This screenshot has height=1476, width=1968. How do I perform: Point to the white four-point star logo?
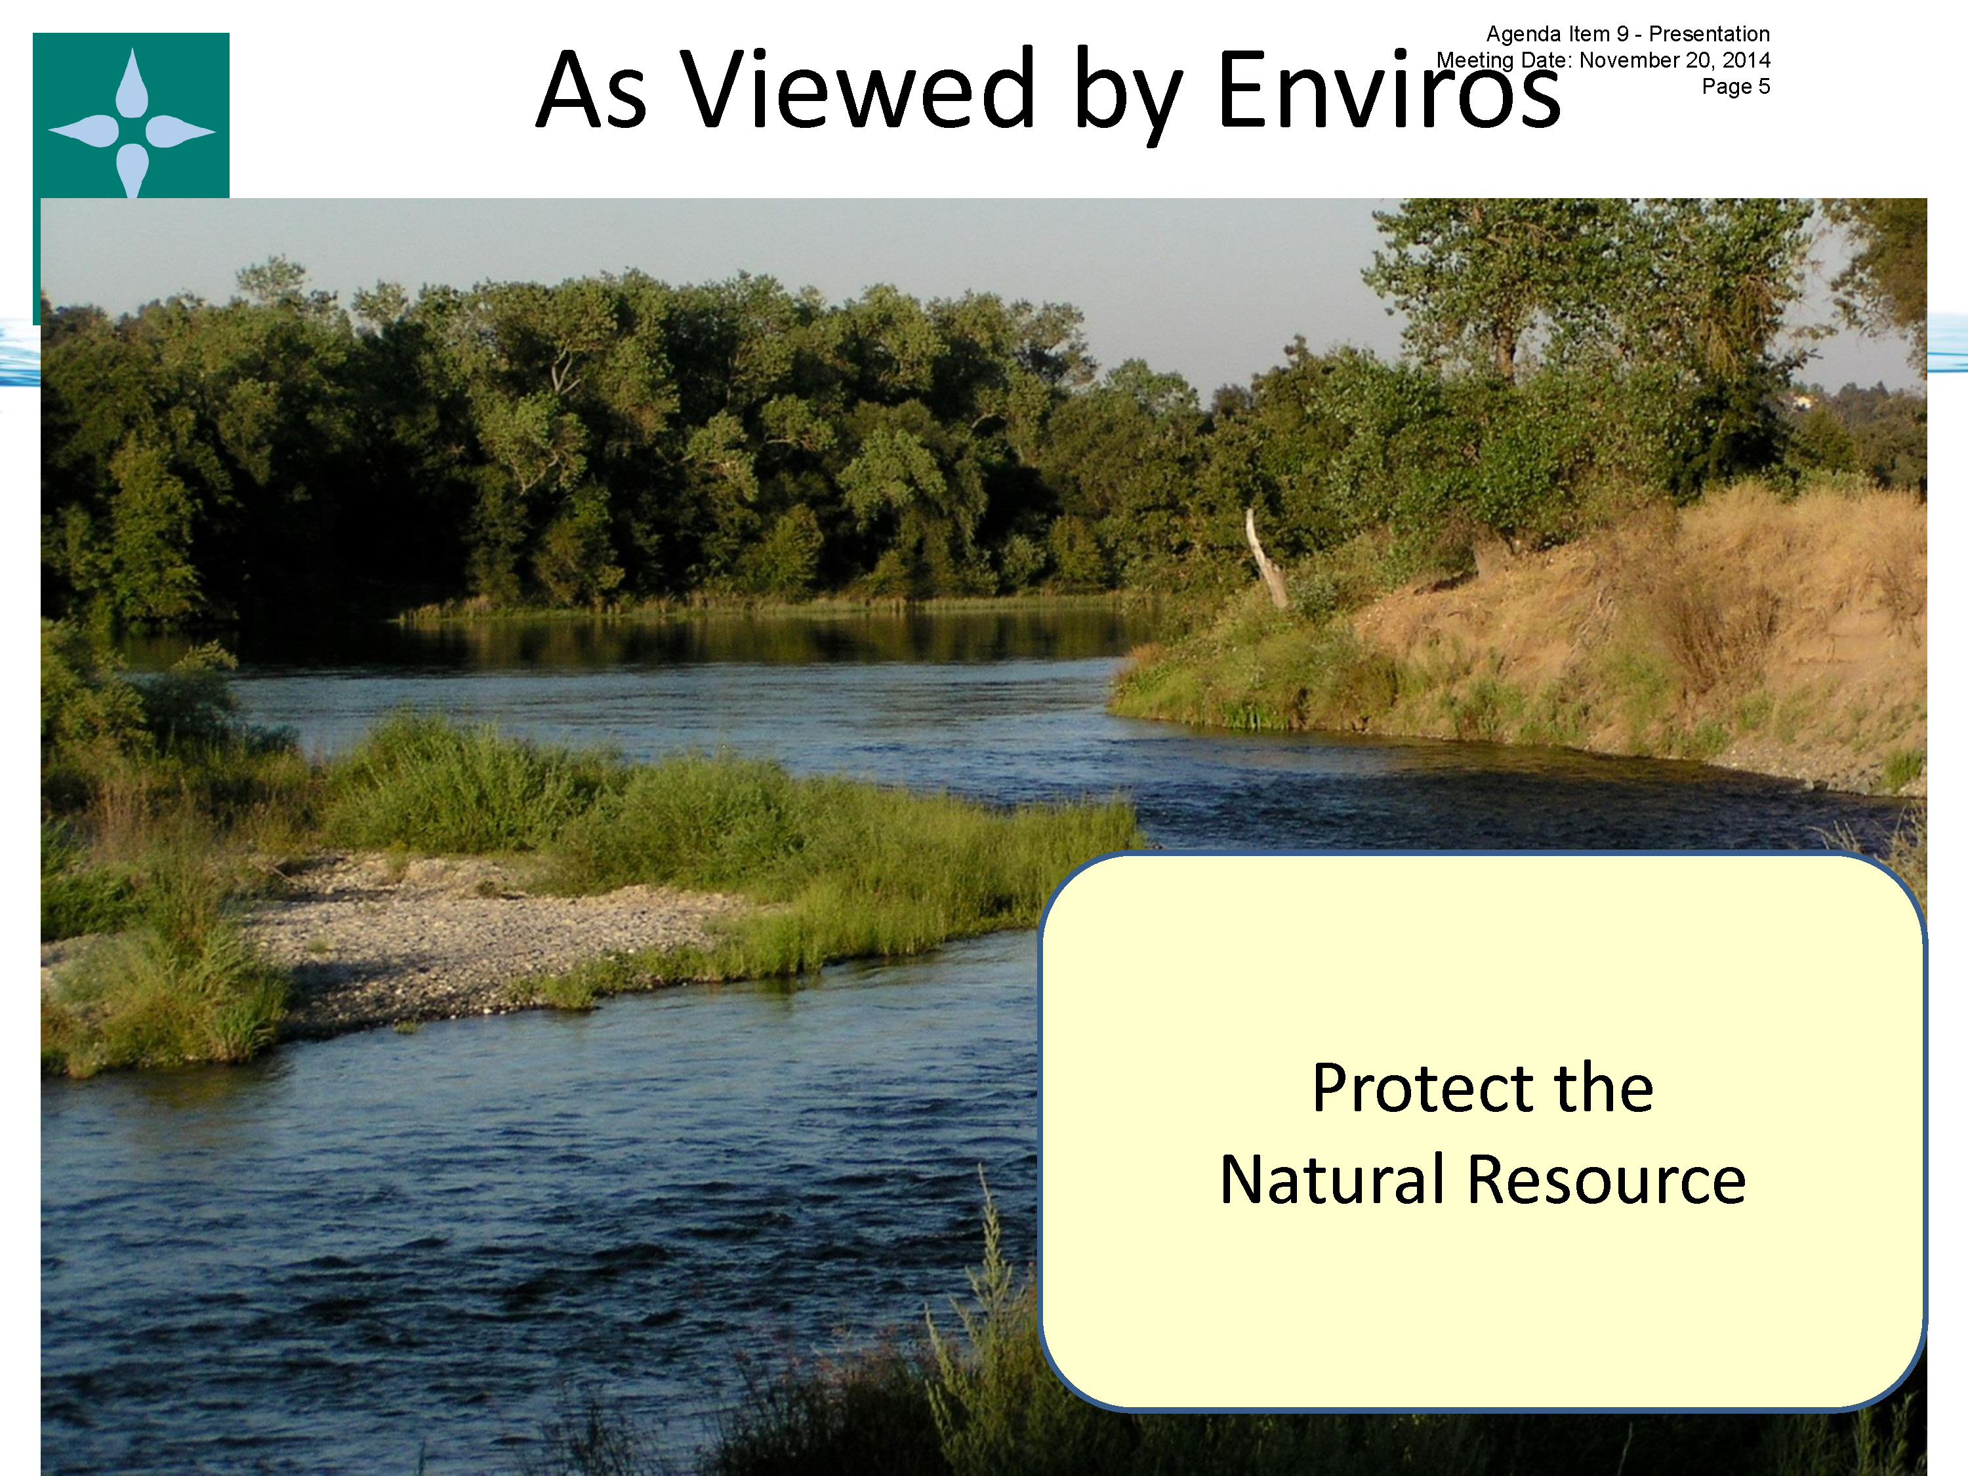(x=132, y=125)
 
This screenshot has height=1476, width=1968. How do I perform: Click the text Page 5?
(x=1736, y=87)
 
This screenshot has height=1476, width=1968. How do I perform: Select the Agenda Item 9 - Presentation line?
(x=1628, y=34)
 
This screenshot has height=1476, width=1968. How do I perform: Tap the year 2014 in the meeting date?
(x=1746, y=60)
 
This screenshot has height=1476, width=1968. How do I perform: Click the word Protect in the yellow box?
(x=1422, y=1088)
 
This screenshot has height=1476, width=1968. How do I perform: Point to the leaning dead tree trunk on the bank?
(x=1265, y=559)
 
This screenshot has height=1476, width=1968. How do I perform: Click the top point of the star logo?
(x=133, y=50)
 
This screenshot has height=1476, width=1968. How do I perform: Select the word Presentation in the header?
(x=1710, y=34)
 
